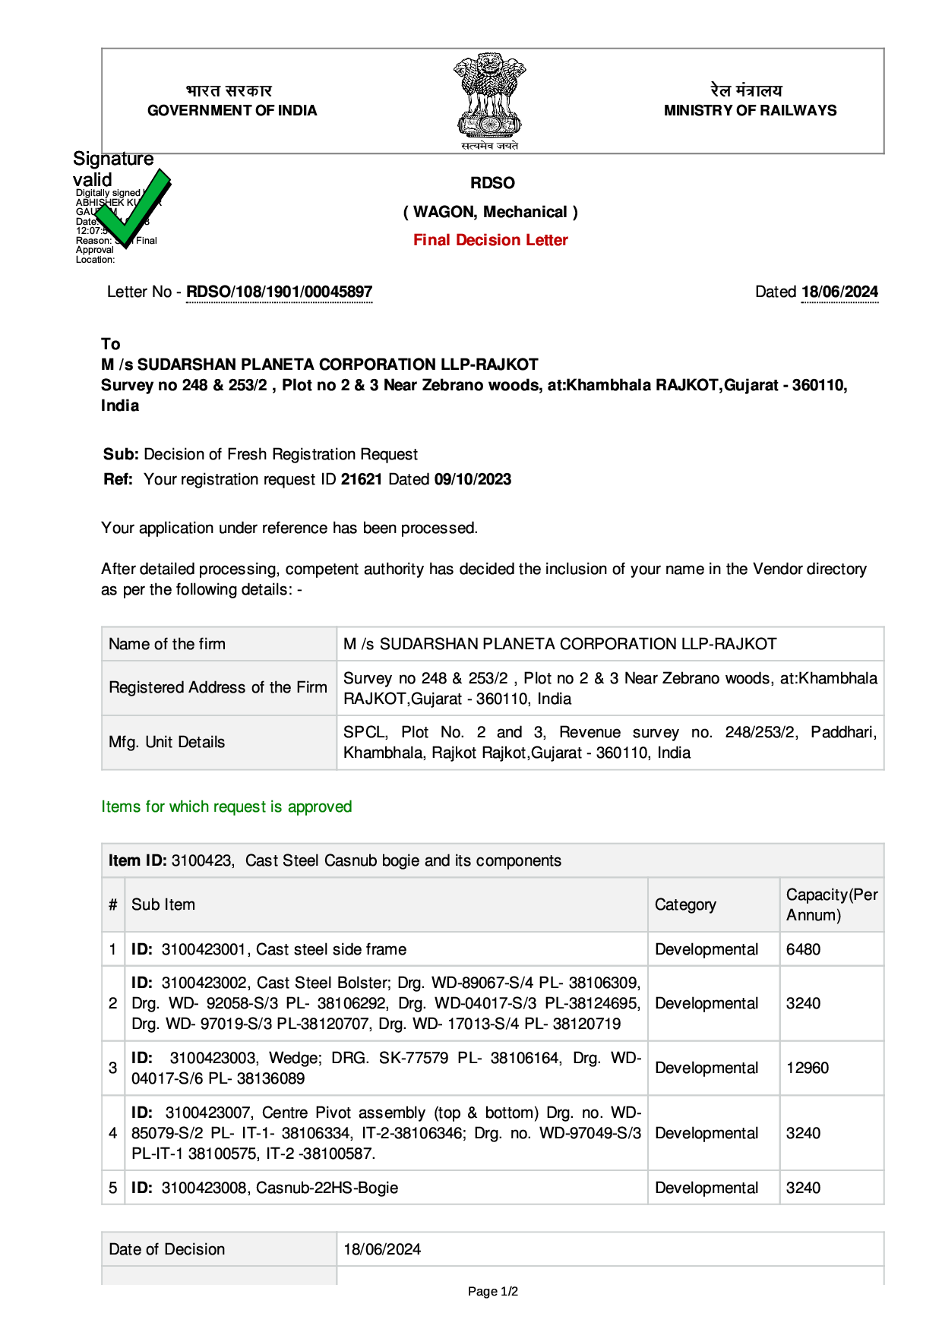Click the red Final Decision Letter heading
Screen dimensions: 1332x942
[x=491, y=240]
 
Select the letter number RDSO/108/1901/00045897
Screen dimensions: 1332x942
[x=280, y=292]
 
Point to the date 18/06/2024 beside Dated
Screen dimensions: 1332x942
[x=839, y=292]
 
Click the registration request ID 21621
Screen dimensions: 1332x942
[x=362, y=479]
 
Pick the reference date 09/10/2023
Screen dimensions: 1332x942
[x=473, y=479]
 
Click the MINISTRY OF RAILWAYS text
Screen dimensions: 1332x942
[x=750, y=111]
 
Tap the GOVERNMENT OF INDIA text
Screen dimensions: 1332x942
[x=232, y=111]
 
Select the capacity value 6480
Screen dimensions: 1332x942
[x=803, y=949]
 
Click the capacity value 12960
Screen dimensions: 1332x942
[x=808, y=1068]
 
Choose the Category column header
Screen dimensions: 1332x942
[x=685, y=904]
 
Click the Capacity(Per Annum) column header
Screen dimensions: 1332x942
[x=831, y=904]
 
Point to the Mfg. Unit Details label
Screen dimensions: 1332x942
[x=167, y=742]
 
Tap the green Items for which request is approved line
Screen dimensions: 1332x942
[x=226, y=806]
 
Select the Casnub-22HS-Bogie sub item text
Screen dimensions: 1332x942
[x=327, y=1188]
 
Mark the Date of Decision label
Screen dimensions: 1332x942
[x=167, y=1249]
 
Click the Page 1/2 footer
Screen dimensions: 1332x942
[x=493, y=1291]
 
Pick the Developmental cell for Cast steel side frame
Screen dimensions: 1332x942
[x=706, y=949]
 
